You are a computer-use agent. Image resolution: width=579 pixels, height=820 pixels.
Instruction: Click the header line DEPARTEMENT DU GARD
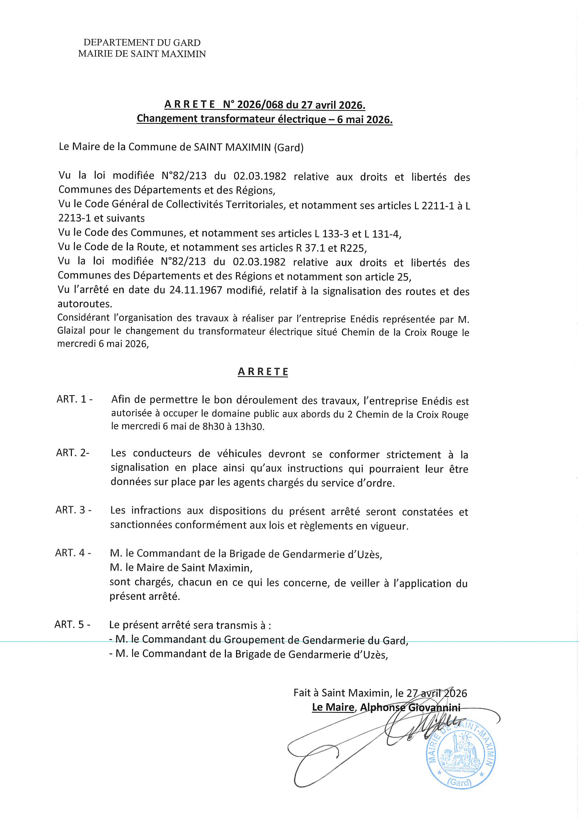pos(142,43)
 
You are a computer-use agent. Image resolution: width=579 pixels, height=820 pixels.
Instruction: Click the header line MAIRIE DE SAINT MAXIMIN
pos(142,54)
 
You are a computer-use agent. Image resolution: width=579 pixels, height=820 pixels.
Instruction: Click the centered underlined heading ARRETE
pos(263,372)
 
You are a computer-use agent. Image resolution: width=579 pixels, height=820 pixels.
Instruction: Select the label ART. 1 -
pos(75,399)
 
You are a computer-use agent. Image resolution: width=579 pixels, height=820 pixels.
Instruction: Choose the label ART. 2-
pos(73,453)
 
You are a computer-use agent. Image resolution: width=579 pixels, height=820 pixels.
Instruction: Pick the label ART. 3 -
pos(74,510)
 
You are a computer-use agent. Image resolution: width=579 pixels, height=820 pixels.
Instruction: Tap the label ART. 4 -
pos(73,553)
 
